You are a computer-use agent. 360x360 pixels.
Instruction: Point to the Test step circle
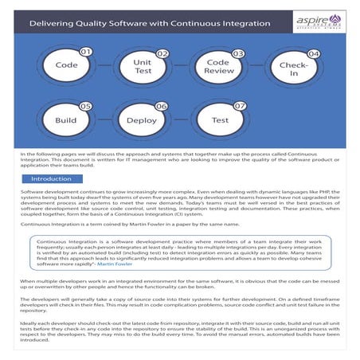(218, 120)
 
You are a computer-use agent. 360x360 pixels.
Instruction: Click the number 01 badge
(88, 53)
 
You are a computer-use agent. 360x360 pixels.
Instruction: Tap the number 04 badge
(313, 53)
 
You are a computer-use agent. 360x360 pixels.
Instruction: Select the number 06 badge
(162, 106)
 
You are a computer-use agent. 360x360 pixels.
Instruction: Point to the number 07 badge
(238, 106)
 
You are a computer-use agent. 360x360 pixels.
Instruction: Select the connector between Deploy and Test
(181, 120)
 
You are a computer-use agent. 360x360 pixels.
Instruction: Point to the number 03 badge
(237, 53)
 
